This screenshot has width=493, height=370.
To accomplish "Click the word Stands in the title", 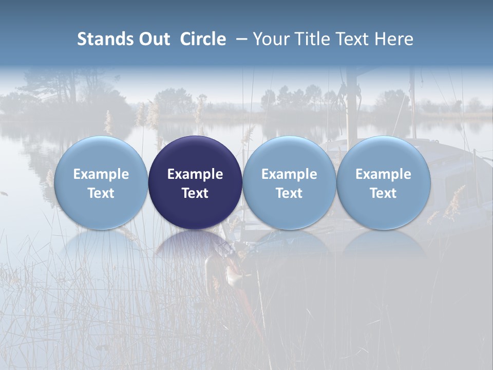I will coord(103,39).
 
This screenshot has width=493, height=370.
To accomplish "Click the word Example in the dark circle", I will coord(195,174).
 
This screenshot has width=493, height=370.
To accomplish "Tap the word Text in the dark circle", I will coord(195,193).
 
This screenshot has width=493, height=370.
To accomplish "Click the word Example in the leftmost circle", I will coord(101,174).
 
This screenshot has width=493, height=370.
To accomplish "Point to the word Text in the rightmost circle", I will coord(383,193).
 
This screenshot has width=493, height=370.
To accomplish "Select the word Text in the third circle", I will coord(289,193).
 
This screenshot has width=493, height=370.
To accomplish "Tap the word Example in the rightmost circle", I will coord(383,174).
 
